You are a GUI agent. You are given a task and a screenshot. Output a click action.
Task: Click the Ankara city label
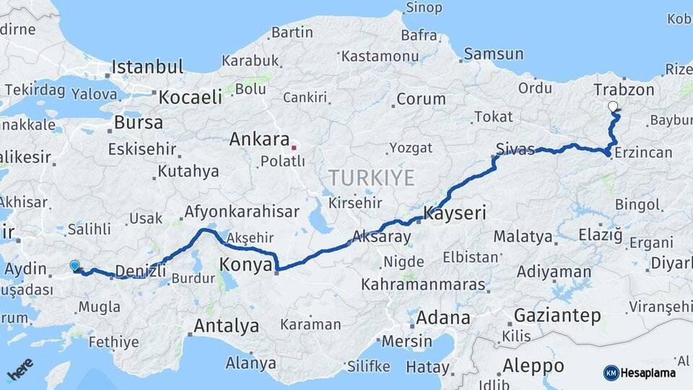pos(259,139)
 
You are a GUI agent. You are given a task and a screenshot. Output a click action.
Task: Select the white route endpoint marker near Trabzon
pos(614,107)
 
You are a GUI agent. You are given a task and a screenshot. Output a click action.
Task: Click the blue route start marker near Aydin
pos(74,266)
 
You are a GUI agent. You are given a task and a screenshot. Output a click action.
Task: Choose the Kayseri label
pos(456,214)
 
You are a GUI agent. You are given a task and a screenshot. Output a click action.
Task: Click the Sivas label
pos(515,149)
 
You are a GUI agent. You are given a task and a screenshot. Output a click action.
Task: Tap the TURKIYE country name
pos(372,178)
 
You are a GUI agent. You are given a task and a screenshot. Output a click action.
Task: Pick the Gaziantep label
pos(557,316)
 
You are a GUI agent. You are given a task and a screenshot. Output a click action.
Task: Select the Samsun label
pos(493,53)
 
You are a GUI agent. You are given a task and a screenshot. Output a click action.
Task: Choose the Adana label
pos(443,317)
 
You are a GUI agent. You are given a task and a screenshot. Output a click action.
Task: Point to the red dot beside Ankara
pos(295,148)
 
